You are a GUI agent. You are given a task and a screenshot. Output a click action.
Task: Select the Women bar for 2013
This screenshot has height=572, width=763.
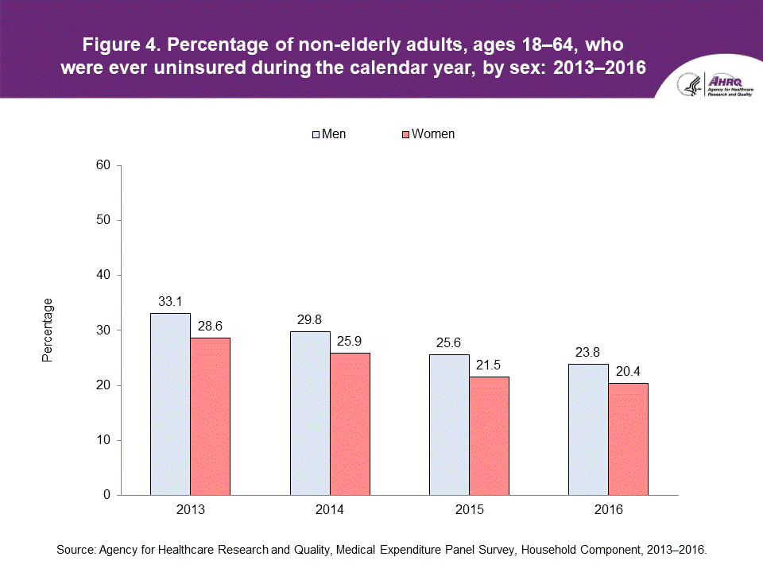point(210,416)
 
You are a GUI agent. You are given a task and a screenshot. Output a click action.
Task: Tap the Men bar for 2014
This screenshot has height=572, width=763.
point(310,413)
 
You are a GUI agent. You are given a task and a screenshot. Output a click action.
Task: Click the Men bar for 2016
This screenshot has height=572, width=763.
point(589,429)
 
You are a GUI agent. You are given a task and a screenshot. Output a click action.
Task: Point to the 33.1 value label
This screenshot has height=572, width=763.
point(170,302)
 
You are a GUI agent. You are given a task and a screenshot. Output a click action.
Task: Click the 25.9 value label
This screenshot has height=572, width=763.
point(350,342)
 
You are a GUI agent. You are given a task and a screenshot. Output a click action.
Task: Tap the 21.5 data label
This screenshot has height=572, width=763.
point(489,365)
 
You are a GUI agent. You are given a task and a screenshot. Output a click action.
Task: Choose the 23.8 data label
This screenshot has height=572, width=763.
point(589,353)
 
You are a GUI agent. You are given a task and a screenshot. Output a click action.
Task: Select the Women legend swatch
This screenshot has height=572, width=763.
point(405,134)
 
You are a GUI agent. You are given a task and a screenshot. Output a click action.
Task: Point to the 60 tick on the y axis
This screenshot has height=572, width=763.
point(103,165)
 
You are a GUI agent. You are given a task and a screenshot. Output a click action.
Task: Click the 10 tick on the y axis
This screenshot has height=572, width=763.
point(103,440)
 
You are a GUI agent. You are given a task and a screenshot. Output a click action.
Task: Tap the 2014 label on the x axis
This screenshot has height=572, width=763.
point(330,510)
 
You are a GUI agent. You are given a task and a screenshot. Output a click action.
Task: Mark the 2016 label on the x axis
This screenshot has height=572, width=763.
point(609,510)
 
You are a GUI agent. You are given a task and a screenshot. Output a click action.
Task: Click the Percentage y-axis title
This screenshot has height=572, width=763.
point(48,330)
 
